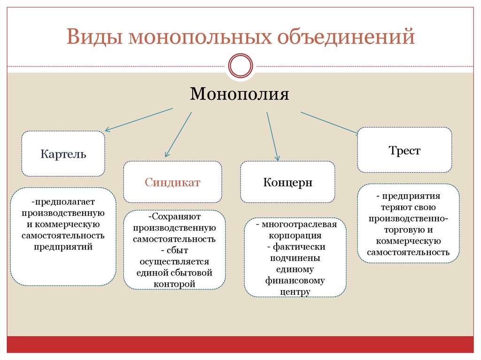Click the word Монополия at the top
(x=239, y=94)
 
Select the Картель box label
(x=63, y=154)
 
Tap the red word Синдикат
(x=172, y=182)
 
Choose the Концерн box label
(x=287, y=182)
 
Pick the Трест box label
(x=404, y=151)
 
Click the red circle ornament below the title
(x=240, y=65)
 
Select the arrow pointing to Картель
(x=139, y=120)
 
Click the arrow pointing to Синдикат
(x=178, y=134)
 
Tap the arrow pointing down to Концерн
(x=273, y=136)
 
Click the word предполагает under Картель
(x=63, y=202)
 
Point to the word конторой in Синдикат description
(x=174, y=283)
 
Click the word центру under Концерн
(x=295, y=291)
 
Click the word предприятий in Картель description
(x=63, y=246)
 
